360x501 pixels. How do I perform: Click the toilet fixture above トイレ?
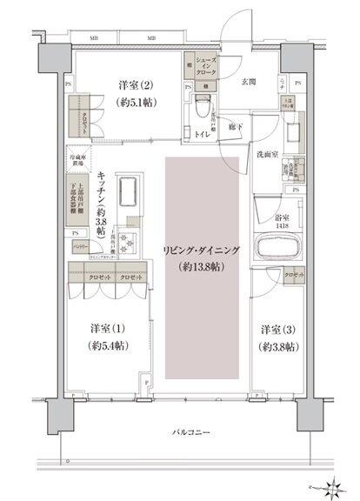coord(202,110)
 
